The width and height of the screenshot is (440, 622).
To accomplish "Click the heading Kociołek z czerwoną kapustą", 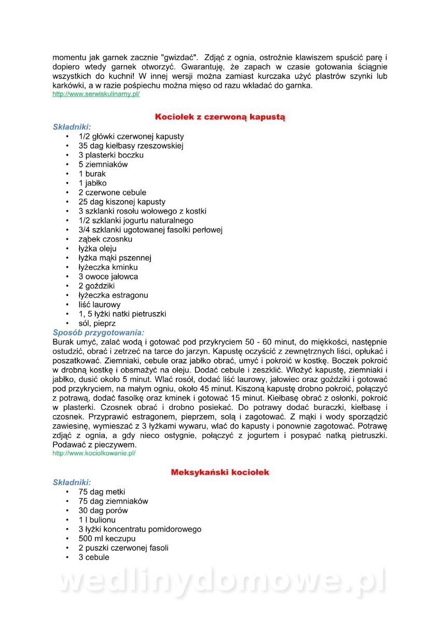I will pos(220,117).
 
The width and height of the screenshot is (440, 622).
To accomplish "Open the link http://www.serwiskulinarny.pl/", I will pos(96,94).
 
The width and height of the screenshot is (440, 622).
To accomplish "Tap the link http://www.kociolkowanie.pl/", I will pos(94,453).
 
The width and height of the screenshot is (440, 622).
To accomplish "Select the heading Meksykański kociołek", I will pos(220,473).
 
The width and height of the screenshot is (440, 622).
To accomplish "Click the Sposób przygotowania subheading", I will pos(99,333).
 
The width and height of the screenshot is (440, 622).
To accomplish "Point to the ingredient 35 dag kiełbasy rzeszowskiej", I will pos(131,146).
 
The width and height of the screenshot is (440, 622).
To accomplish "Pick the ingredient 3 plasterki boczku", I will pos(111,155).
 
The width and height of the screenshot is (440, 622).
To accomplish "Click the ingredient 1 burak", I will pos(92,174).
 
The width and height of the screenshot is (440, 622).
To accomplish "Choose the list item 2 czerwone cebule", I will pos(113,192).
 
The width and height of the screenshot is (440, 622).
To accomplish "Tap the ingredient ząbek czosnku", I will pos(105,239).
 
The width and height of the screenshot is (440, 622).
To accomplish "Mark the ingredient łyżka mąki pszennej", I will pos(115,258).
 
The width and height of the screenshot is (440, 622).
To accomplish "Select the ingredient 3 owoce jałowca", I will pos(108,276).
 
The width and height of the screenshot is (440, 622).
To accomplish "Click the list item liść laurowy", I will pos(100,304).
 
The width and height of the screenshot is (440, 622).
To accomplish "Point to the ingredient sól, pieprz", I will pos(97,323).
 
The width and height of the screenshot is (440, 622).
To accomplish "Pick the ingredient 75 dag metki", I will pos(102,492).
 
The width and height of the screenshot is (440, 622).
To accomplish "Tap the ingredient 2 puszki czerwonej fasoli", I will pos(123,548).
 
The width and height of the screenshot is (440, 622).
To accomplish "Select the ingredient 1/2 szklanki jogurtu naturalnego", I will pos(136,220).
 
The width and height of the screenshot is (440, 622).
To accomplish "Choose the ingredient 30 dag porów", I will pos(103,511).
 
